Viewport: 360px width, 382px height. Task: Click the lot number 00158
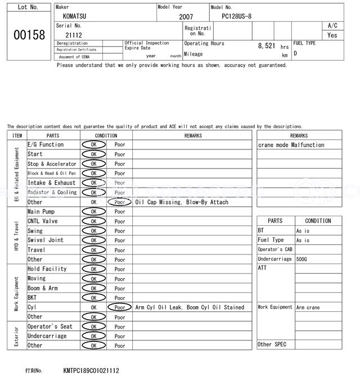pyautogui.click(x=29, y=35)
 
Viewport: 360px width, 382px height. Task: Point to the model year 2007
pyautogui.click(x=186, y=17)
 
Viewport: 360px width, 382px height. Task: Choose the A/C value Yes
pyautogui.click(x=332, y=35)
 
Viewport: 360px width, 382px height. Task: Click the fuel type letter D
pyautogui.click(x=295, y=53)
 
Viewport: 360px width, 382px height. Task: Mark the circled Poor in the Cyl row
pyautogui.click(x=119, y=307)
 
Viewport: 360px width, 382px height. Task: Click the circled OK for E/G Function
pyautogui.click(x=93, y=144)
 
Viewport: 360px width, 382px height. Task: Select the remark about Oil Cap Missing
pyautogui.click(x=182, y=202)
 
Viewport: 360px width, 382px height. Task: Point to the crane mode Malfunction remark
pyautogui.click(x=291, y=145)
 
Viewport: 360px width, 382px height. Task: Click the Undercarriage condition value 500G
pyautogui.click(x=302, y=259)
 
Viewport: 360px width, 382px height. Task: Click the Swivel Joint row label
pyautogui.click(x=46, y=240)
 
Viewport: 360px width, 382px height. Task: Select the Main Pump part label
pyautogui.click(x=41, y=212)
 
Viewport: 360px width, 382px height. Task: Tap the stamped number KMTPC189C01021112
pyautogui.click(x=91, y=371)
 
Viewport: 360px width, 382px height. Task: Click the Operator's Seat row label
pyautogui.click(x=50, y=326)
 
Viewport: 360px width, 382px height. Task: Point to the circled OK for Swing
pyautogui.click(x=93, y=231)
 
